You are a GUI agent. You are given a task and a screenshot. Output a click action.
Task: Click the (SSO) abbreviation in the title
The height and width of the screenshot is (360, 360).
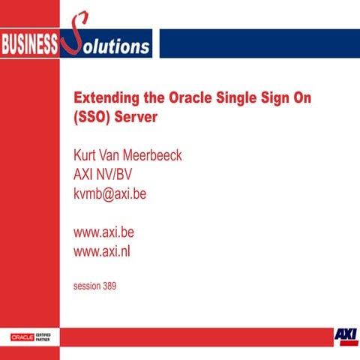click(92, 118)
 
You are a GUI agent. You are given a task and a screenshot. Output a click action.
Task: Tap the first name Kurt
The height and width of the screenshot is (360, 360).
click(85, 156)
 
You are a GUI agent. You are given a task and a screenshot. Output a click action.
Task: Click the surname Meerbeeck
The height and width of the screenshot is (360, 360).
click(154, 156)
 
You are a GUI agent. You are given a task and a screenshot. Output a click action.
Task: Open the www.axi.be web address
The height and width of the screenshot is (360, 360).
click(103, 232)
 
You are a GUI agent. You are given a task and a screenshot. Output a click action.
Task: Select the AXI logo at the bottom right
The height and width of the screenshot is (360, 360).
click(346, 334)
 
